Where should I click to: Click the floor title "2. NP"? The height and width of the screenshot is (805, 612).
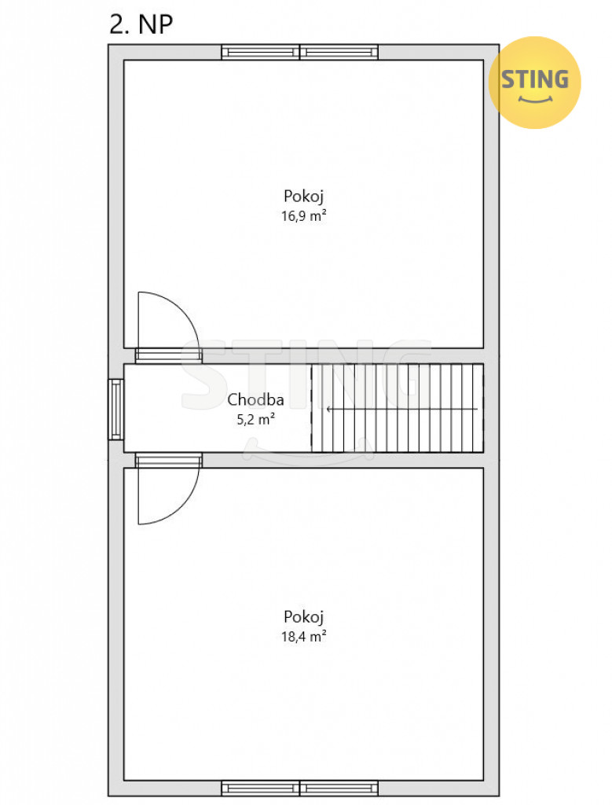[x=141, y=24]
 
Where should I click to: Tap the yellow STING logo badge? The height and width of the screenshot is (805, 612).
[x=534, y=82]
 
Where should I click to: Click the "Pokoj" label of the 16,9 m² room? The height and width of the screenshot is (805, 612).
[x=304, y=196]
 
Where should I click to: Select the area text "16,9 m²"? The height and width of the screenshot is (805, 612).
[x=304, y=215]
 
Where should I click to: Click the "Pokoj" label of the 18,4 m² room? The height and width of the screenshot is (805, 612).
[x=304, y=616]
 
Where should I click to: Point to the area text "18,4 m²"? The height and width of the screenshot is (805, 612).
[x=304, y=637]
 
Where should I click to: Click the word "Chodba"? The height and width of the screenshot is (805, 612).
[x=255, y=399]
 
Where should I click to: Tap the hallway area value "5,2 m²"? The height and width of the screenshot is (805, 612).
[x=255, y=420]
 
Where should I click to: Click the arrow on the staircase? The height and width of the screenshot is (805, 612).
[x=402, y=409]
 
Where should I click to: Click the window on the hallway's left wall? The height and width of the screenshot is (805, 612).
[x=116, y=409]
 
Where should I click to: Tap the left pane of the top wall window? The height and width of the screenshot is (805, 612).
[x=261, y=53]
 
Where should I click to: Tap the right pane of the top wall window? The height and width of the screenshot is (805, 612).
[x=339, y=53]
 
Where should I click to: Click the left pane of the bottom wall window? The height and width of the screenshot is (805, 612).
[x=261, y=788]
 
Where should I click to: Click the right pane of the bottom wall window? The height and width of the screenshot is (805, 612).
[x=339, y=788]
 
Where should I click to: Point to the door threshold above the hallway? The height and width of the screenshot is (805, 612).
[x=168, y=356]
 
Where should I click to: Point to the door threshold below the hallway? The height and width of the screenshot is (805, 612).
[x=168, y=461]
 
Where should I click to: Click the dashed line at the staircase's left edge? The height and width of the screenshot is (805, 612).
[x=311, y=408]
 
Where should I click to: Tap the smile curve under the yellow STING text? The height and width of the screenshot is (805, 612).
[x=535, y=99]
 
